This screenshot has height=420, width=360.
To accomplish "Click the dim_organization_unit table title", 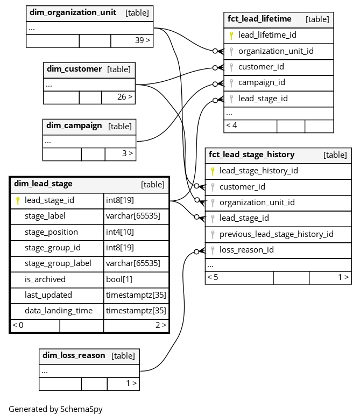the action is (x=73, y=12).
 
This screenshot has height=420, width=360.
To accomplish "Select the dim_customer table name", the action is (x=74, y=69).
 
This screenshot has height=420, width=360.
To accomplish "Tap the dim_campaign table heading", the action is (x=74, y=125).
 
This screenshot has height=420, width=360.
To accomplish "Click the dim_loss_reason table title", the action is (x=74, y=355).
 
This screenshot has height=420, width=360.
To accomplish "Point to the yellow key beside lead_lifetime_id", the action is (x=231, y=36).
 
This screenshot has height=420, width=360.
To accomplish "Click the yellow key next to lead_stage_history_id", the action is (x=213, y=171).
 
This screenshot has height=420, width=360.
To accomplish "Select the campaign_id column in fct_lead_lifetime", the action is (x=262, y=83).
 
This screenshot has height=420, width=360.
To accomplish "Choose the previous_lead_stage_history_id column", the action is (x=276, y=234).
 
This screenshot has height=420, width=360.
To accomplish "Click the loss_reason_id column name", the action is (x=246, y=250).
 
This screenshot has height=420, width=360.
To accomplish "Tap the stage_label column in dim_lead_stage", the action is (x=45, y=216).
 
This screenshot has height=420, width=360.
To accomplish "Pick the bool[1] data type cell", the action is (x=119, y=279).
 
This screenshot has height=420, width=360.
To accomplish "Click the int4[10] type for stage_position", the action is (x=119, y=232).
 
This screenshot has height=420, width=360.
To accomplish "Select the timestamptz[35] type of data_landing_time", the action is (x=136, y=311).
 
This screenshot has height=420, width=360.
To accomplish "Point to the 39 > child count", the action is (x=143, y=40).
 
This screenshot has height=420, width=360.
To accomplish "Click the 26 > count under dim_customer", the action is (x=125, y=97).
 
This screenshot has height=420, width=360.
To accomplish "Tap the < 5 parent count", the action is (x=213, y=277).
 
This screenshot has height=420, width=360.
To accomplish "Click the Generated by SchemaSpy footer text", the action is (x=55, y=409).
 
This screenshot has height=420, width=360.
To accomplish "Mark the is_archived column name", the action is (x=45, y=279).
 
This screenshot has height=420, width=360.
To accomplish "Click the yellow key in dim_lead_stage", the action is (x=18, y=201).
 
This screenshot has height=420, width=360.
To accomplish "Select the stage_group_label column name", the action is (x=58, y=263).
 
